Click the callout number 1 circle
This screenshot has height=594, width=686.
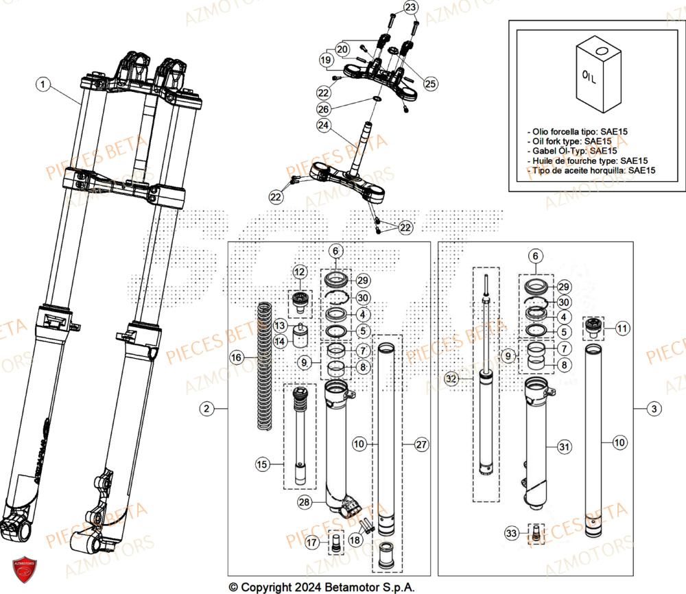point(43,84)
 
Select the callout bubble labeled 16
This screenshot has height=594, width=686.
point(236,358)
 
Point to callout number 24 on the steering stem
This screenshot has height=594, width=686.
point(323,125)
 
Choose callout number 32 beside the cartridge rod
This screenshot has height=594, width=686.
point(451,378)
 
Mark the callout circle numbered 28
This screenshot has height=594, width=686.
point(303,503)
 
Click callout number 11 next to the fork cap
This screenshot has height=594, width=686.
point(622,329)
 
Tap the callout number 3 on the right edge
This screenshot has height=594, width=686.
point(656,409)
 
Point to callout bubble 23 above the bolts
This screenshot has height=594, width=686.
point(410,8)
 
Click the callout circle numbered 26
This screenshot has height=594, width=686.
point(323,109)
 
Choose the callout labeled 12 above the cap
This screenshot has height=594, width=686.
point(299,272)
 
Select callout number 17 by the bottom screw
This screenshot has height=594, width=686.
point(312,543)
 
